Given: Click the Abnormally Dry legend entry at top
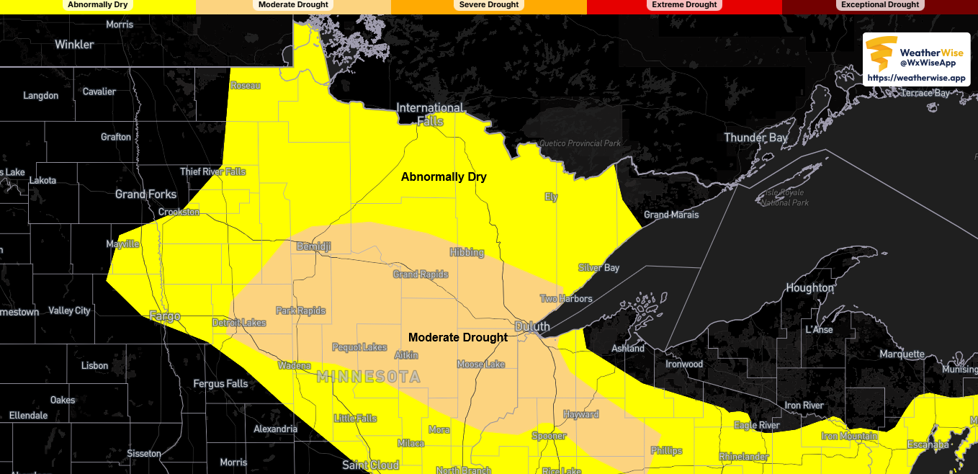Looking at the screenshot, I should coord(97,5).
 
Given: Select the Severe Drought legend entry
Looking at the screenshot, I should coord(489,5).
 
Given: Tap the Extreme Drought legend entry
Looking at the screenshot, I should coord(684,5).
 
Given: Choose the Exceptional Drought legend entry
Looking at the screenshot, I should coord(880,5).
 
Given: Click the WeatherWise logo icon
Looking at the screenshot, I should coord(881,53).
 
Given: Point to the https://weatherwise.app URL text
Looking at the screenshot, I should coord(916,78).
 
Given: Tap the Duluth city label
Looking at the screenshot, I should coord(532,326).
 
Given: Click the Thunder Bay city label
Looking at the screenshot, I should coord(755,138).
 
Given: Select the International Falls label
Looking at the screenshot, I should coord(430,115).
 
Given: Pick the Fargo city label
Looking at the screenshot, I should coord(164,316).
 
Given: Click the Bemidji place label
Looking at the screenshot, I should coord(314,246).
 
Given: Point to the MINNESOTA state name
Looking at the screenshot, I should coord(369,377).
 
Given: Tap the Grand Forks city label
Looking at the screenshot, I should coord(145,194).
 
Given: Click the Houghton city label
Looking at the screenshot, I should coord(809,288).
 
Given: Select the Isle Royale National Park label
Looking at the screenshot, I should coord(785,197).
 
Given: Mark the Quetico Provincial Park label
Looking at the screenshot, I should coord(583,143).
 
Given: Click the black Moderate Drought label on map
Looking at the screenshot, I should coord(458,337).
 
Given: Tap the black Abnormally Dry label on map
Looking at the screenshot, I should coord(444,176).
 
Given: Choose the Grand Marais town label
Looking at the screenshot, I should coord(671,215).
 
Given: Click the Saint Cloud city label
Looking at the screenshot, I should coord(371,465).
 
